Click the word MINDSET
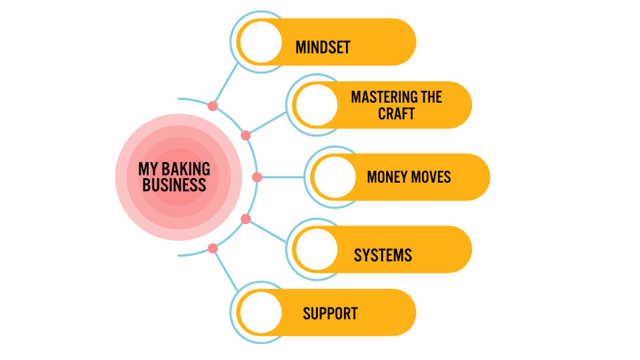click(x=323, y=47)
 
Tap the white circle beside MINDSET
click(x=261, y=42)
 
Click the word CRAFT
click(x=396, y=113)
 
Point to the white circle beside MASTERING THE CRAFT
click(x=317, y=105)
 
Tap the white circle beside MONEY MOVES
click(x=335, y=177)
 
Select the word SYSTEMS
click(x=383, y=255)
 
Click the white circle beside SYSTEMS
click(x=317, y=249)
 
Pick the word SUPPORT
click(x=330, y=313)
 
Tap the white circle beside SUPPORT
click(x=261, y=313)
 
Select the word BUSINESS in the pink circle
click(x=175, y=185)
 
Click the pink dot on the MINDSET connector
click(x=213, y=106)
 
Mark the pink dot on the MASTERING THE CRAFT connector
click(x=246, y=135)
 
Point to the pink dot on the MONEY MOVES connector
click(x=257, y=177)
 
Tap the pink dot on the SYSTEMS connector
click(x=246, y=219)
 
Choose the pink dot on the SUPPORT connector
click(x=213, y=249)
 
